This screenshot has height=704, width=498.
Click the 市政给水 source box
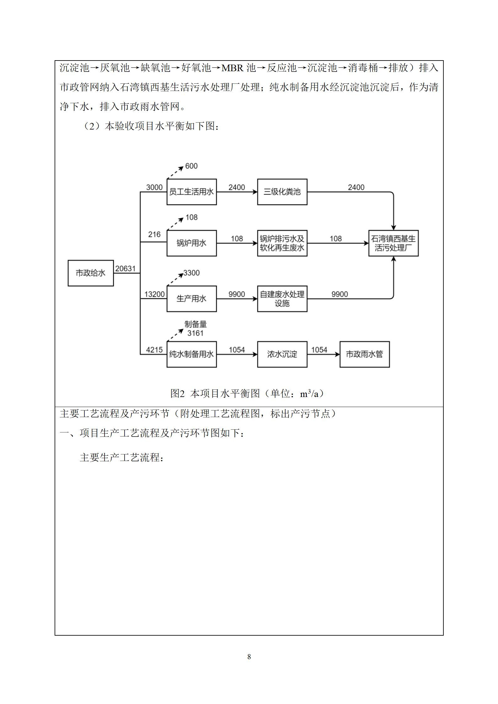[x=91, y=273]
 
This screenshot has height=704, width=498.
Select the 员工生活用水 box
[x=191, y=192]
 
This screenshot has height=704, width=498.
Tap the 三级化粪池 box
[x=282, y=192]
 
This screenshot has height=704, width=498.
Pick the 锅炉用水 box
[x=191, y=243]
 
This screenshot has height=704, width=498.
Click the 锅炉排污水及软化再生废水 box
[x=282, y=243]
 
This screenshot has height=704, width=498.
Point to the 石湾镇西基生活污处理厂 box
[x=393, y=243]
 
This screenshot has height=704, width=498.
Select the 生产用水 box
[x=191, y=299]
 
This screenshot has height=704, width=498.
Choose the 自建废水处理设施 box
[x=282, y=299]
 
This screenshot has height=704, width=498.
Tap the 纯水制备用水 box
[x=191, y=354]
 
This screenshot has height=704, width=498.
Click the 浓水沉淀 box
[x=282, y=354]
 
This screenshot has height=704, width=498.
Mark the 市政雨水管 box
[x=364, y=354]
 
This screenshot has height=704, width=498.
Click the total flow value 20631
[x=126, y=269]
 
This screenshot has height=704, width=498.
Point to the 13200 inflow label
[x=154, y=294]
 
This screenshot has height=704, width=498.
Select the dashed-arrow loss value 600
[x=191, y=166]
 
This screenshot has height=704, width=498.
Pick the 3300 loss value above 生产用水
[x=191, y=273]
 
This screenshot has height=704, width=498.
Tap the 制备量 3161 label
[x=195, y=329]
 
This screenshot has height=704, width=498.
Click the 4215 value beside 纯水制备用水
[x=154, y=350]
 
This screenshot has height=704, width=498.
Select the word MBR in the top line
[x=233, y=68]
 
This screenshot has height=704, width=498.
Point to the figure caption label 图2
[x=177, y=393]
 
